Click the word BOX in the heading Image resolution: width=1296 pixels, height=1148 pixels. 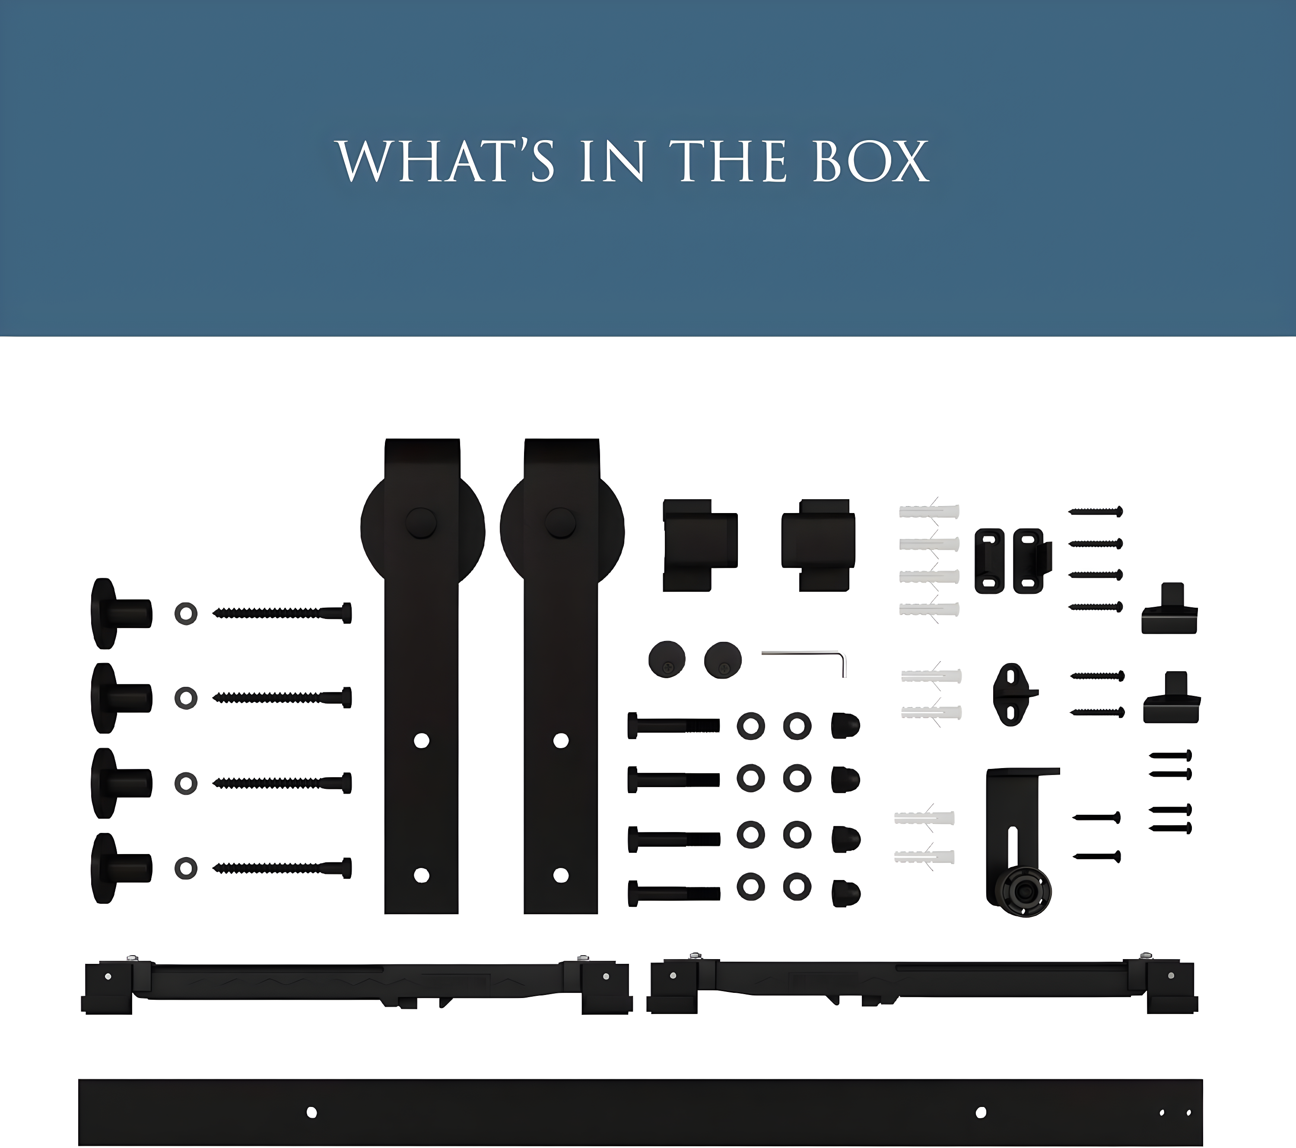pyautogui.click(x=870, y=161)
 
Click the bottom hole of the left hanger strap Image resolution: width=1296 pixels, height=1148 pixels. pyautogui.click(x=422, y=875)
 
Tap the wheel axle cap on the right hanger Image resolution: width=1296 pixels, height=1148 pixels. pyautogui.click(x=560, y=524)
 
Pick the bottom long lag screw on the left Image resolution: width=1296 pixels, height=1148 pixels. pyautogui.click(x=282, y=867)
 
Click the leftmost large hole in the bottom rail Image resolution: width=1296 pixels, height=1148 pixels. pyautogui.click(x=311, y=1112)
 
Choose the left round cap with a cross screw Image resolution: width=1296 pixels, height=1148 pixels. pyautogui.click(x=667, y=659)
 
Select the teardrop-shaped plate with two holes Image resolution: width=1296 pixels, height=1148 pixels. pyautogui.click(x=1013, y=695)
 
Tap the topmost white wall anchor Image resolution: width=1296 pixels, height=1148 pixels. pyautogui.click(x=929, y=511)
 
